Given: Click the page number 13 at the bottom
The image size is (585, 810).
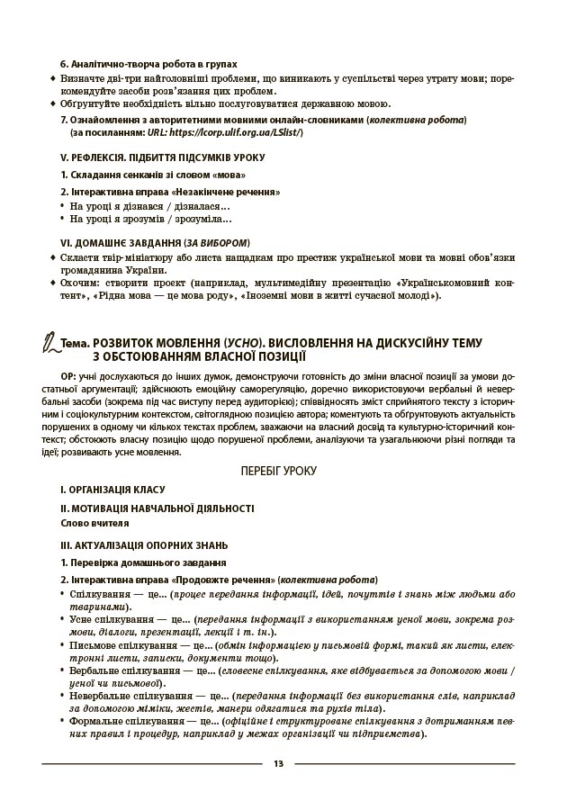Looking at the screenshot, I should click(278, 764).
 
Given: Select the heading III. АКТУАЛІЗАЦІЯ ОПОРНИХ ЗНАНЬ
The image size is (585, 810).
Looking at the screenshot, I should click(144, 544).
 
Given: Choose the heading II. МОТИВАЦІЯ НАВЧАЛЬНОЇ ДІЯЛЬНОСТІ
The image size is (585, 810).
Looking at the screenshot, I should click(157, 508).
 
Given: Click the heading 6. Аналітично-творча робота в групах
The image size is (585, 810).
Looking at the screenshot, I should click(148, 65).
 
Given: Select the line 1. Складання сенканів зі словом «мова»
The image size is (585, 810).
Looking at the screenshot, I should click(153, 175).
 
